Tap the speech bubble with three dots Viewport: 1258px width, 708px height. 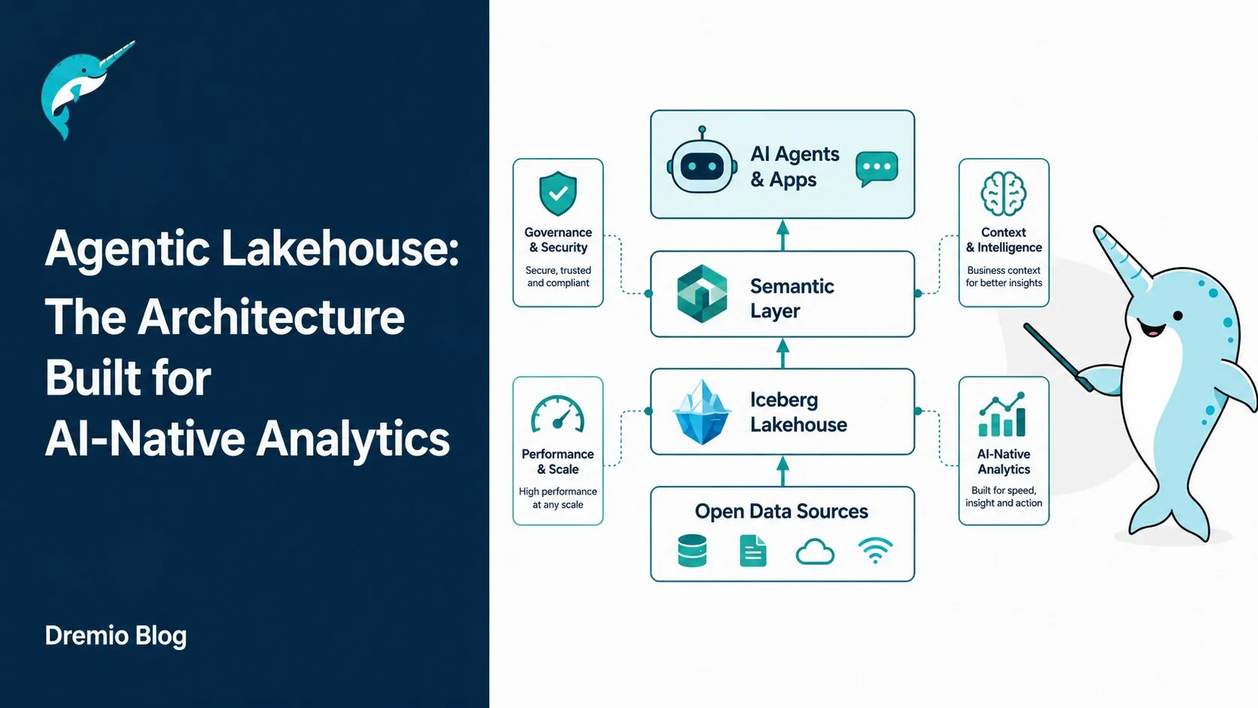[x=877, y=169]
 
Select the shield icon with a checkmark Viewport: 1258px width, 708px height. [x=558, y=193]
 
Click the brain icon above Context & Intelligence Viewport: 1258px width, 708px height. [x=1004, y=193]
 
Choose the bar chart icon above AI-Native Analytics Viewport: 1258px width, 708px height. [x=1002, y=415]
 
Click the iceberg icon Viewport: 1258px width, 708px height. [x=701, y=412]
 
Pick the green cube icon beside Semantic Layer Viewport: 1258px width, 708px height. [x=702, y=293]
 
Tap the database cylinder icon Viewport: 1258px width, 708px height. [x=692, y=550]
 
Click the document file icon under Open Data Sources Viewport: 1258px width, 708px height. [x=753, y=550]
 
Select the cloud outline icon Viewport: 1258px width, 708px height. [x=815, y=552]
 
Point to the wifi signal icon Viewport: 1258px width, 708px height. [x=876, y=550]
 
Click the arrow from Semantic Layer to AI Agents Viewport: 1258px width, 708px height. [x=783, y=235]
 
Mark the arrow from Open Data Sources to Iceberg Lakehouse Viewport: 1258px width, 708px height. [x=783, y=470]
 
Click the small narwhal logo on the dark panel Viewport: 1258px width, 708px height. [x=87, y=90]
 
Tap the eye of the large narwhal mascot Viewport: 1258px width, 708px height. [x=1177, y=315]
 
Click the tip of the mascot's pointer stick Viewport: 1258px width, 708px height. [x=1026, y=326]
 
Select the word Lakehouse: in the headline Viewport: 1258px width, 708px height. [x=340, y=248]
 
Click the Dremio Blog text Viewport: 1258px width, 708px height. [x=116, y=636]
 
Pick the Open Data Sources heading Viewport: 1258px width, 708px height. [x=781, y=511]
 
